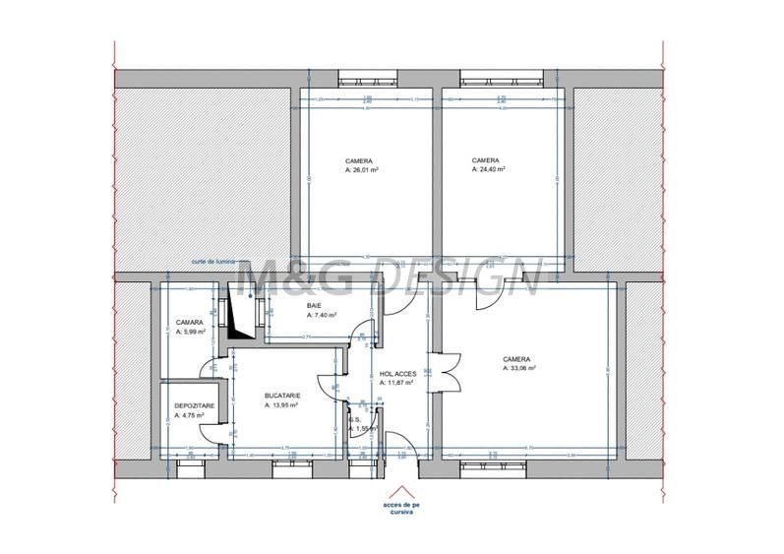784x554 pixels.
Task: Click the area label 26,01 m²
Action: pyautogui.click(x=363, y=169)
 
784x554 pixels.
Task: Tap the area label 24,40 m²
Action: pyautogui.click(x=489, y=169)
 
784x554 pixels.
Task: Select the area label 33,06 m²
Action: pyautogui.click(x=519, y=369)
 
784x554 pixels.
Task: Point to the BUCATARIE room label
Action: pyautogui.click(x=282, y=396)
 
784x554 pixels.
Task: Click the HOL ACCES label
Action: pyautogui.click(x=397, y=374)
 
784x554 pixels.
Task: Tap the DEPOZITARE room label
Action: pyautogui.click(x=194, y=405)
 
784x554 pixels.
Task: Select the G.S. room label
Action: pyautogui.click(x=353, y=419)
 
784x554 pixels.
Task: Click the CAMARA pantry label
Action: pyautogui.click(x=190, y=323)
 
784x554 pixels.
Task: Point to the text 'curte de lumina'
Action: pyautogui.click(x=214, y=263)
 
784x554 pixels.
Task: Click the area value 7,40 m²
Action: pyautogui.click(x=323, y=316)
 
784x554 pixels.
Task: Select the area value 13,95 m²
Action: pyautogui.click(x=285, y=405)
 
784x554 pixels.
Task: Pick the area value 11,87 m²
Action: pyautogui.click(x=397, y=383)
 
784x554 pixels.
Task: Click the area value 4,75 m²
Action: pyautogui.click(x=191, y=415)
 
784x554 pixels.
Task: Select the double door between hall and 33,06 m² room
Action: pyautogui.click(x=442, y=373)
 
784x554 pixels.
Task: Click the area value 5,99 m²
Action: pyautogui.click(x=192, y=332)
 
